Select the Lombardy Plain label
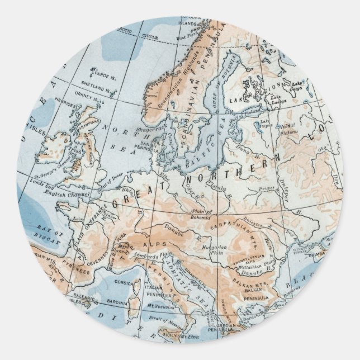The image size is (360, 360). pos(152,258)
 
